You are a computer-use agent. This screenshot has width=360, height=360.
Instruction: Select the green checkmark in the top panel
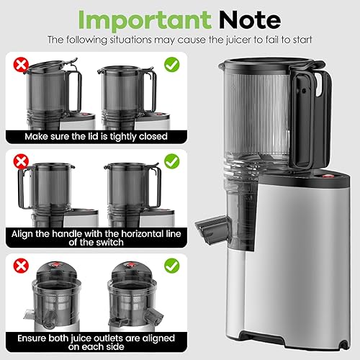pos(172,66)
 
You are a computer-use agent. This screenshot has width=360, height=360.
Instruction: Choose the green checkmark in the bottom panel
pos(172,266)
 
